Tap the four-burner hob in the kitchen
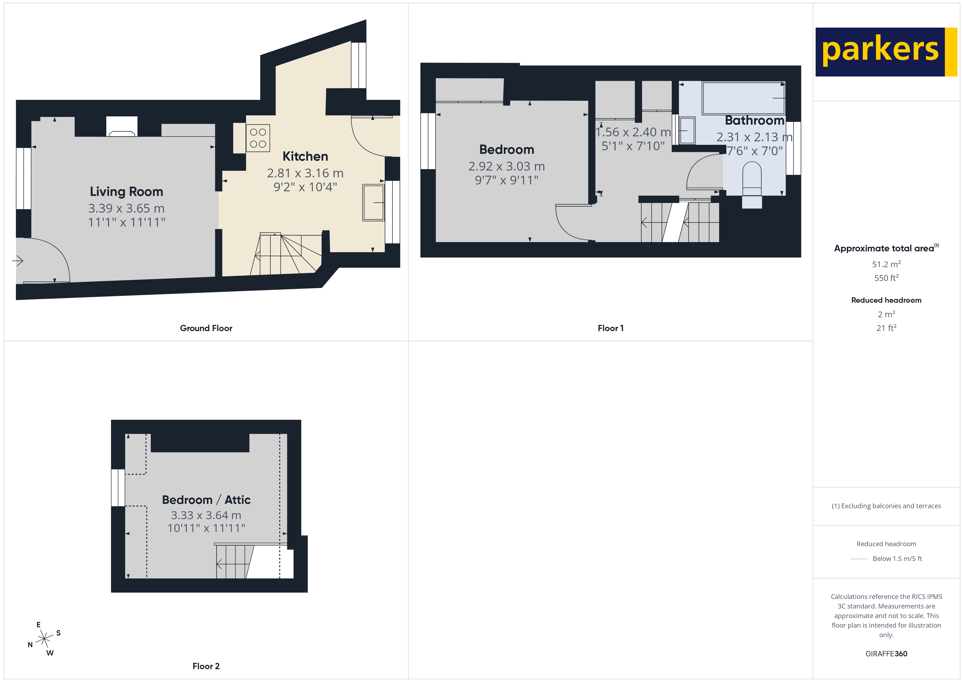coord(258,138)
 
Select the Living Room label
coord(127,192)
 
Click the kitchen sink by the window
coord(373,202)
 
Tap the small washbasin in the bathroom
coord(687,131)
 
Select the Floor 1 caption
coord(610,328)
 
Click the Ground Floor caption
coord(206,328)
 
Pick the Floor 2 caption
coord(206,666)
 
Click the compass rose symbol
coord(44,639)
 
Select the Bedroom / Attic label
coord(206,500)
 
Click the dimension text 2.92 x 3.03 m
coord(506,166)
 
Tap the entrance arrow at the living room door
coord(18,261)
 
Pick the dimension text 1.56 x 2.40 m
coord(633,132)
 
